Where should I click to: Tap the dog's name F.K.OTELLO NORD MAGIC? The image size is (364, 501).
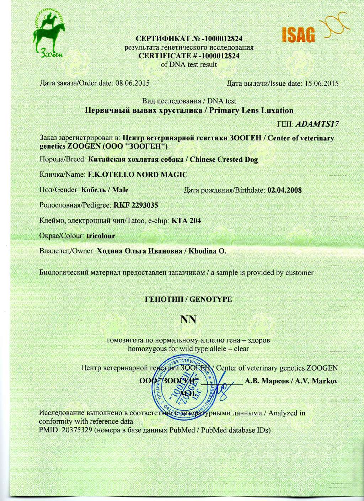click(x=137, y=175)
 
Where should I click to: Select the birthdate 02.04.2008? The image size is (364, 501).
click(x=284, y=190)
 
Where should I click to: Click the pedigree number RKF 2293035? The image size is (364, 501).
click(x=135, y=205)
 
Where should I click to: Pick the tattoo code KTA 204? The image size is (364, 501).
click(x=186, y=220)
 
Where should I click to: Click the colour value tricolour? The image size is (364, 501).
click(x=101, y=236)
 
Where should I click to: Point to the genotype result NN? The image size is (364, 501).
click(x=188, y=320)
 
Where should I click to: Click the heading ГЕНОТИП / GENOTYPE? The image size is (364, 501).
click(x=188, y=299)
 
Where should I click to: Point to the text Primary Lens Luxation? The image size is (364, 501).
click(x=251, y=110)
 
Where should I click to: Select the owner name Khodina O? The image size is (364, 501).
click(x=207, y=251)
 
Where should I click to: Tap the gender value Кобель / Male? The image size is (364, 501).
click(x=105, y=190)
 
